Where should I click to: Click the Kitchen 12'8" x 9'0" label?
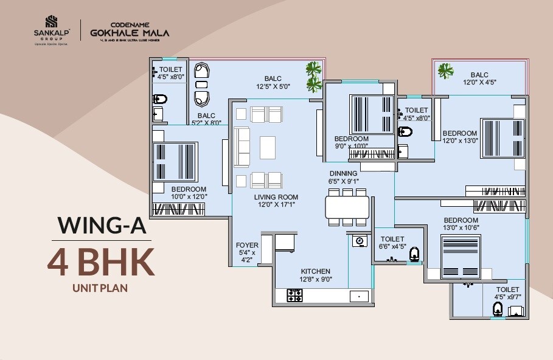click(x=315, y=275)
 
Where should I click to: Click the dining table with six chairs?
click(x=347, y=207)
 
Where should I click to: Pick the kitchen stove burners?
click(x=294, y=296)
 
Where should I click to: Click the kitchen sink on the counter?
click(x=359, y=296)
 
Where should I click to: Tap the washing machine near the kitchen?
click(x=359, y=241)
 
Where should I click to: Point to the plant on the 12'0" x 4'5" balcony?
click(x=445, y=71)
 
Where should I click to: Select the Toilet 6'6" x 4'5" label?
click(x=392, y=243)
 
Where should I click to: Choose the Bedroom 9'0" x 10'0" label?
click(x=352, y=142)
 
